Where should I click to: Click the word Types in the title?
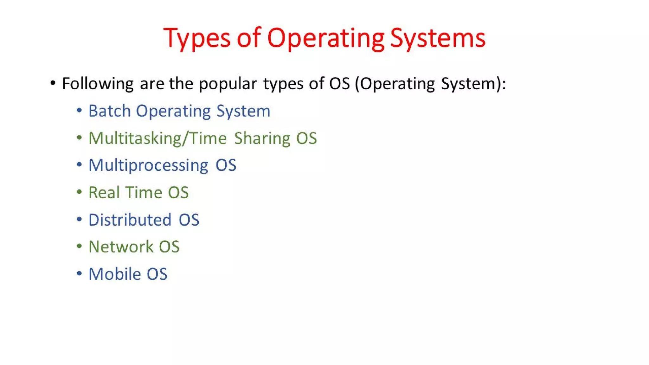196,38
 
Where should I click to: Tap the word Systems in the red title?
438,38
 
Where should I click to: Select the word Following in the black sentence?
98,84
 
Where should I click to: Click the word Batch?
109,111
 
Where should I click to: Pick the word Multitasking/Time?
157,138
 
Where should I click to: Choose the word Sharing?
262,138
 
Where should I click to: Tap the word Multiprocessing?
148,165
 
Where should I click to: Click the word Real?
104,192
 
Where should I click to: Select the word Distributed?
130,220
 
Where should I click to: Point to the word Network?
121,247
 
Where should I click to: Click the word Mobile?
114,274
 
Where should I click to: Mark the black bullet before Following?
53,83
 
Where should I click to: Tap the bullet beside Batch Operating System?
79,111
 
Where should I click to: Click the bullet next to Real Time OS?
79,192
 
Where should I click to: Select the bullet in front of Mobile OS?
79,273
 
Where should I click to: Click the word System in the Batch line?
243,111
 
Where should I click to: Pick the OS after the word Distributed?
189,220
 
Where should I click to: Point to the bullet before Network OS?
79,246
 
